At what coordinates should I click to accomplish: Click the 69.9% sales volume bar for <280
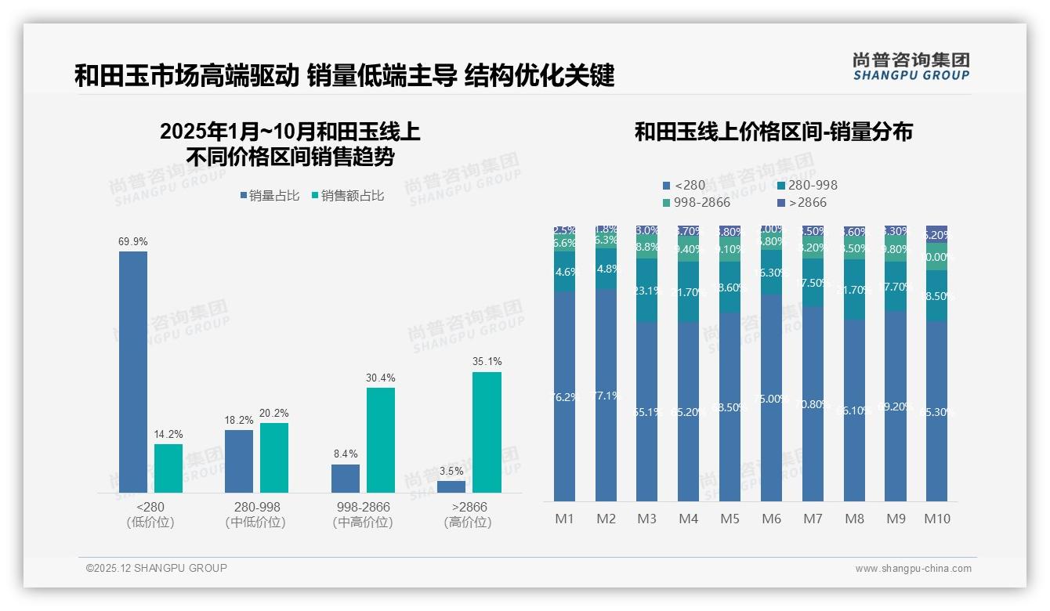point(133,371)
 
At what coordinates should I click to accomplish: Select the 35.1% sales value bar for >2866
point(487,432)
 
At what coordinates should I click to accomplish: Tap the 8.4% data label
point(345,454)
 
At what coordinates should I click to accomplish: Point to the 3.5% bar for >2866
point(451,486)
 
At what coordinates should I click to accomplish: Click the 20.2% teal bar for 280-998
point(274,457)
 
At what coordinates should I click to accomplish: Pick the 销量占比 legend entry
point(270,196)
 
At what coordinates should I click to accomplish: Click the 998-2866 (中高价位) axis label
point(362,515)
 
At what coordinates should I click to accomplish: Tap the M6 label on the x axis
point(772,519)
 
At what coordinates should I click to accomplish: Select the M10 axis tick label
point(936,519)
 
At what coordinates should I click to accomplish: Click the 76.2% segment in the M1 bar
point(564,396)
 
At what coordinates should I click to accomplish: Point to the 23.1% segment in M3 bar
point(646,291)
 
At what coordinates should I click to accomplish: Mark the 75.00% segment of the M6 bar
point(772,398)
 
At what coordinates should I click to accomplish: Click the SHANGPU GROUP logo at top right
point(911,67)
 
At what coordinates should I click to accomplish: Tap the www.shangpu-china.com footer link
point(913,569)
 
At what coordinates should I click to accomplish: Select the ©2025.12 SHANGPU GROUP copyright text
point(157,568)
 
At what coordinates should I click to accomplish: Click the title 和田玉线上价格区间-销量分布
point(773,132)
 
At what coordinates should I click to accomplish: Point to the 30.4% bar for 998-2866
point(380,439)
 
